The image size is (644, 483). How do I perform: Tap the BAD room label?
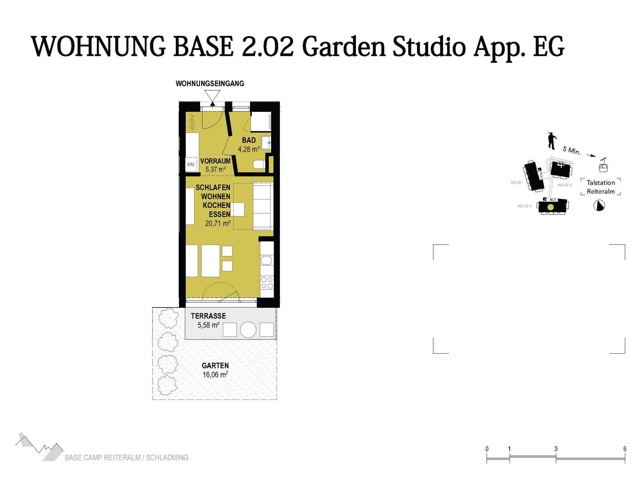249,140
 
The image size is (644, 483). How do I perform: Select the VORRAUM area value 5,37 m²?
215,170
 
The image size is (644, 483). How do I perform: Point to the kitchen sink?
267,260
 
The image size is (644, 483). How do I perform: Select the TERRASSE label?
208,316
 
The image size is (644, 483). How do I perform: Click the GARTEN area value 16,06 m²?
215,374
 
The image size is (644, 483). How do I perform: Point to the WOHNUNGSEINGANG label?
210,84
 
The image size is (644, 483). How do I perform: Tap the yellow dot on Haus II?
551,207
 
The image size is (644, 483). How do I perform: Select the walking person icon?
552,140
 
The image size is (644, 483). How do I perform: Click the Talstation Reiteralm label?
601,187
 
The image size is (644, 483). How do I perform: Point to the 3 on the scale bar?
556,449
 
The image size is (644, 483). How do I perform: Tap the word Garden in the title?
344,47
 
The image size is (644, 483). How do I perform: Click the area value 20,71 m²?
218,224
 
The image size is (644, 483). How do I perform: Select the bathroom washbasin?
267,144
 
